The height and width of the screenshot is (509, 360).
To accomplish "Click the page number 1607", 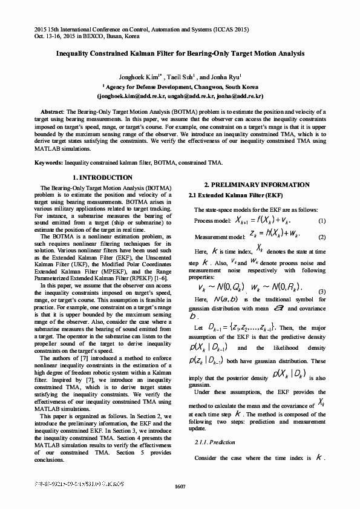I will tap(180, 487).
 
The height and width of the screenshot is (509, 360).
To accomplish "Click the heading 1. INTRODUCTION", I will tap(102, 177).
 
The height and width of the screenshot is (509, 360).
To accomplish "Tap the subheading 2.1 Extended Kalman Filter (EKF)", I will tap(227, 195).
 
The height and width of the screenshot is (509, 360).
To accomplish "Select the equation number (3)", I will tap(322, 292).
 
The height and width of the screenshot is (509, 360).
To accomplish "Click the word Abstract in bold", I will tap(52, 113).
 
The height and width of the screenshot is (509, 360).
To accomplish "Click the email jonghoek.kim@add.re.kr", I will tap(122, 96).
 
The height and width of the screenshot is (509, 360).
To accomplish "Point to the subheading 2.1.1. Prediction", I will tap(215, 442).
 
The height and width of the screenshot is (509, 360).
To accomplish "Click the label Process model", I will tap(211, 220).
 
